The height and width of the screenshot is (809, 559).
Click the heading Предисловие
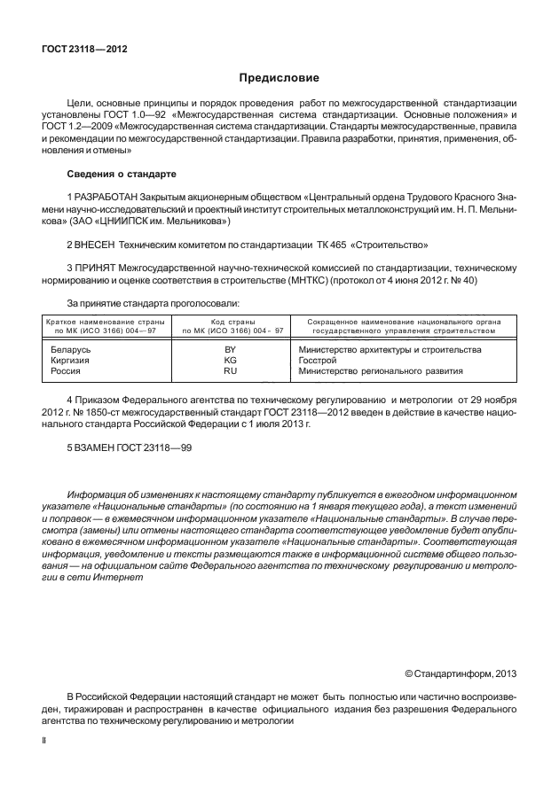tap(279, 78)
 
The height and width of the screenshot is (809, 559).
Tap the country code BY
tap(231, 350)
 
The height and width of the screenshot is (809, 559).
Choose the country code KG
tap(231, 361)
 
